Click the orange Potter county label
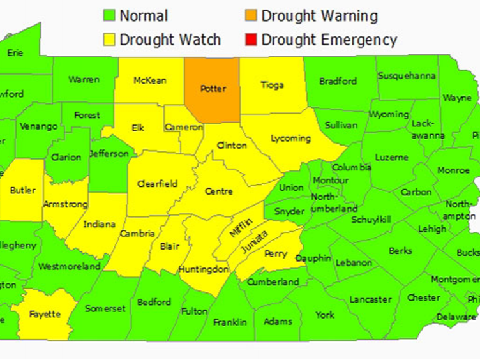pos(213,89)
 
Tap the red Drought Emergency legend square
pos(251,40)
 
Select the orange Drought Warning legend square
pos(251,16)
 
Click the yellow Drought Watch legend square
pos(109,40)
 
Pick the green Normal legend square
pos(109,16)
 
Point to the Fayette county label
pos(45,314)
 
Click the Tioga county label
pos(272,86)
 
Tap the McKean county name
pos(149,80)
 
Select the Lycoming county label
pos(290,138)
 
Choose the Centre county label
pos(219,191)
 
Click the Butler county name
pos(23,191)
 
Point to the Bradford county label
pos(338,81)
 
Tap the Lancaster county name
pos(370,299)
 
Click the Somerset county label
pos(105,309)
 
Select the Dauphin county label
pos(313,259)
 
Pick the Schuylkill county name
pos(371,220)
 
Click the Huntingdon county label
pos(203,269)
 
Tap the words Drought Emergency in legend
pos(329,40)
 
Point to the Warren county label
pos(84,80)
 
